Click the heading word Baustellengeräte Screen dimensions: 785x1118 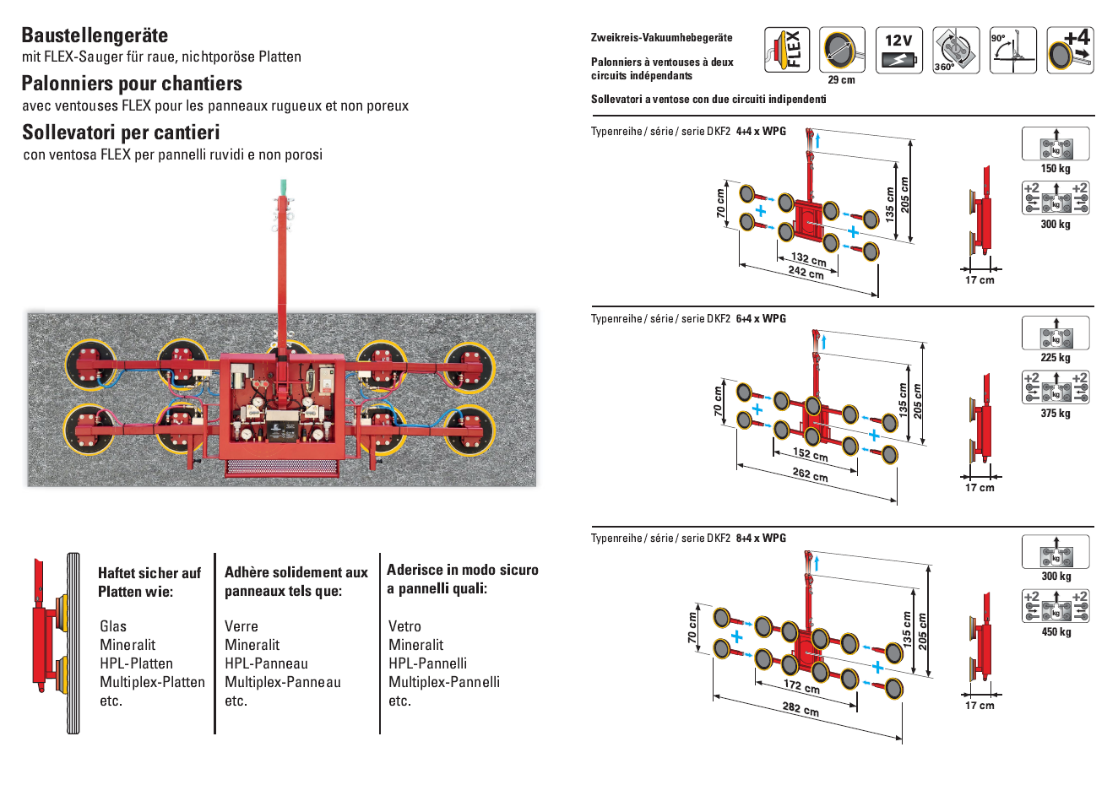(x=95, y=35)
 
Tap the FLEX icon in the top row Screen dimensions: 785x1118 (x=786, y=50)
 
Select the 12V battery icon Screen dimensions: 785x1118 (x=898, y=50)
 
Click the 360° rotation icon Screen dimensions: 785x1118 (x=955, y=50)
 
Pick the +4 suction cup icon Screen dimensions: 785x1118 (x=1070, y=50)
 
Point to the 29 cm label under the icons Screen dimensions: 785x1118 (x=841, y=80)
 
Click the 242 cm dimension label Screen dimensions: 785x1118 (x=806, y=272)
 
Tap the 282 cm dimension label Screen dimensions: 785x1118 (x=800, y=708)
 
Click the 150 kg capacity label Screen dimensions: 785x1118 (x=1056, y=169)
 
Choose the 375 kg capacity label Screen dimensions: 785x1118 (x=1056, y=414)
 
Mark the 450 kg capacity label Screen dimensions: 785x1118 (x=1056, y=632)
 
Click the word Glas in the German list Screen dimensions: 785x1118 (x=113, y=626)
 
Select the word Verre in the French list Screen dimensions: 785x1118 (x=242, y=626)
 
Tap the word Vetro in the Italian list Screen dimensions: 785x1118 (x=404, y=626)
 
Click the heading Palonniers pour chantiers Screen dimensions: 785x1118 (x=132, y=84)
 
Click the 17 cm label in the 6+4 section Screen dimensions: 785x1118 (x=980, y=488)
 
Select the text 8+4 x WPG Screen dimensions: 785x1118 (x=761, y=538)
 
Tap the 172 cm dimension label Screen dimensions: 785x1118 (x=801, y=686)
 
